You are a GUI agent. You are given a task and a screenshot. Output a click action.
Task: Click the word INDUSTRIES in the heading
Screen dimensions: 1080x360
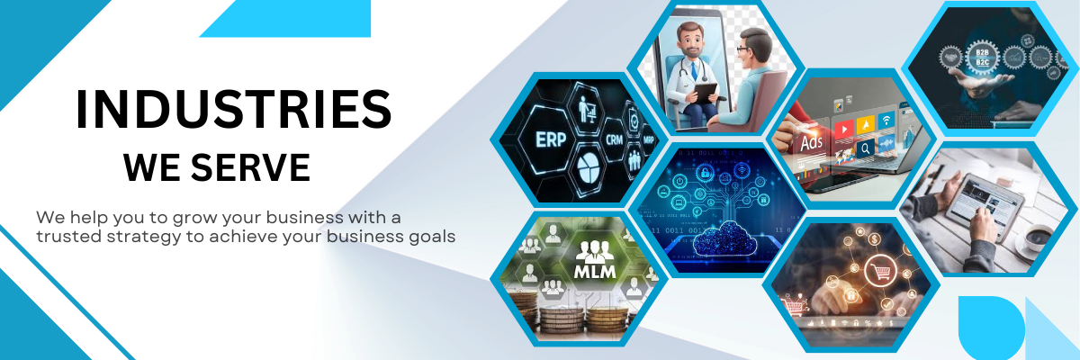(234, 110)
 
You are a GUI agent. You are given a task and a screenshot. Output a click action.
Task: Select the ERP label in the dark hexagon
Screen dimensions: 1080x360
(551, 139)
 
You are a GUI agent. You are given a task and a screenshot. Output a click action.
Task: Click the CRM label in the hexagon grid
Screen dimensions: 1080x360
(614, 139)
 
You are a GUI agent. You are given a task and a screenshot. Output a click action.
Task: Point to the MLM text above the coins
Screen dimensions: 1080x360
(595, 271)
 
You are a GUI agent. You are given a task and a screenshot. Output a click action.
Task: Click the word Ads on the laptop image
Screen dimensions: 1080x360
(811, 143)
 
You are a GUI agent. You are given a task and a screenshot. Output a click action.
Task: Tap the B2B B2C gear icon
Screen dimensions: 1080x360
(982, 58)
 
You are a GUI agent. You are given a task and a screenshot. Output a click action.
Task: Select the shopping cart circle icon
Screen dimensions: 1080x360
(880, 270)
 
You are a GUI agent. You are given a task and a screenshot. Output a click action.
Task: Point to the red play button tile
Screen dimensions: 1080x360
(843, 129)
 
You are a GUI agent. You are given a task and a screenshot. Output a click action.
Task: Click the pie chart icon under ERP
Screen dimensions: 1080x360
(588, 168)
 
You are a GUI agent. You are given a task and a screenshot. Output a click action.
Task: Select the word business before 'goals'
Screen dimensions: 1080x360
(365, 237)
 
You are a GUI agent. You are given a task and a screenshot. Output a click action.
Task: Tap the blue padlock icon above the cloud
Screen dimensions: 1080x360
(705, 173)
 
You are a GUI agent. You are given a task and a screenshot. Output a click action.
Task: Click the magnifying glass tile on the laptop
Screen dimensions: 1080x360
(865, 148)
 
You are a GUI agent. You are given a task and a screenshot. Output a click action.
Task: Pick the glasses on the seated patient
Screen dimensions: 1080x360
(743, 49)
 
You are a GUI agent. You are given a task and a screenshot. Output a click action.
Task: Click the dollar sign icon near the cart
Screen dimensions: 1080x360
(874, 239)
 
